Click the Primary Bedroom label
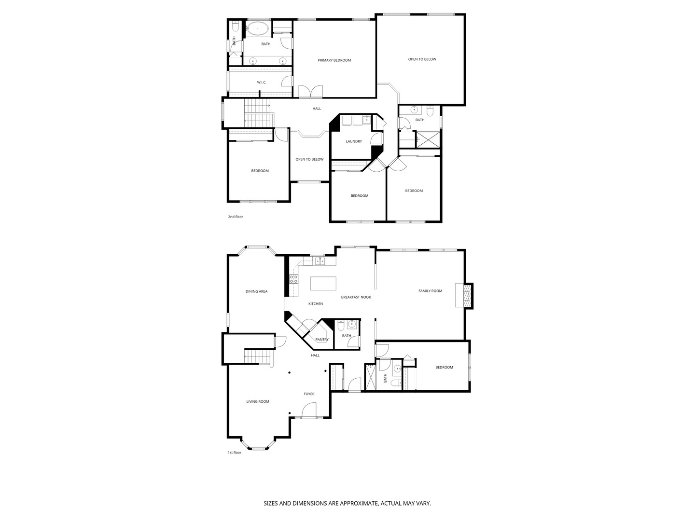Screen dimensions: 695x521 point(334,60)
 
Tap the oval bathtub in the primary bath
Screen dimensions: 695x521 point(258,28)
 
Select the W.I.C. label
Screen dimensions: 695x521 point(262,82)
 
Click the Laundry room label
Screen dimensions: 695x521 point(354,141)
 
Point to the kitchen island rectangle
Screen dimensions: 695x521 point(323,283)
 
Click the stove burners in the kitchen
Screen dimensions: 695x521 point(293,279)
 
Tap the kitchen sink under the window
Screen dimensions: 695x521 point(320,261)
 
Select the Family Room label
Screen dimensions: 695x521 point(431,291)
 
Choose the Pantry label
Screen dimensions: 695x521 point(322,340)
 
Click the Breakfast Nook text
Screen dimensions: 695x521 point(356,297)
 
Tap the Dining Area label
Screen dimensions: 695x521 point(256,292)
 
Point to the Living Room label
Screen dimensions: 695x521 point(258,402)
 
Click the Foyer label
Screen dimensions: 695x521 point(309,394)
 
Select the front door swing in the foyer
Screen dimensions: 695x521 point(309,410)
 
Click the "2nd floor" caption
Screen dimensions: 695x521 point(236,217)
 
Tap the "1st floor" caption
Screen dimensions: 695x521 point(235,452)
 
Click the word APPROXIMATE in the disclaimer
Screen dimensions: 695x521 point(358,503)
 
